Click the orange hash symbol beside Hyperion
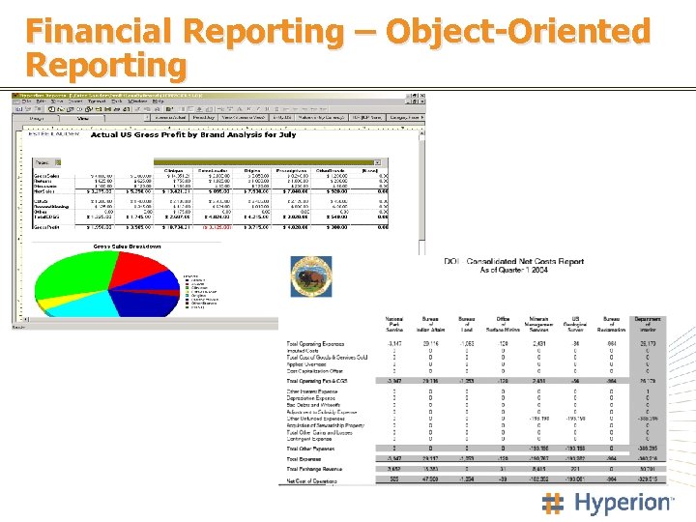554,503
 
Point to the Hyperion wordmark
623,503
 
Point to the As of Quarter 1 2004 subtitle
512,271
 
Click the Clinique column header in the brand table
174,170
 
